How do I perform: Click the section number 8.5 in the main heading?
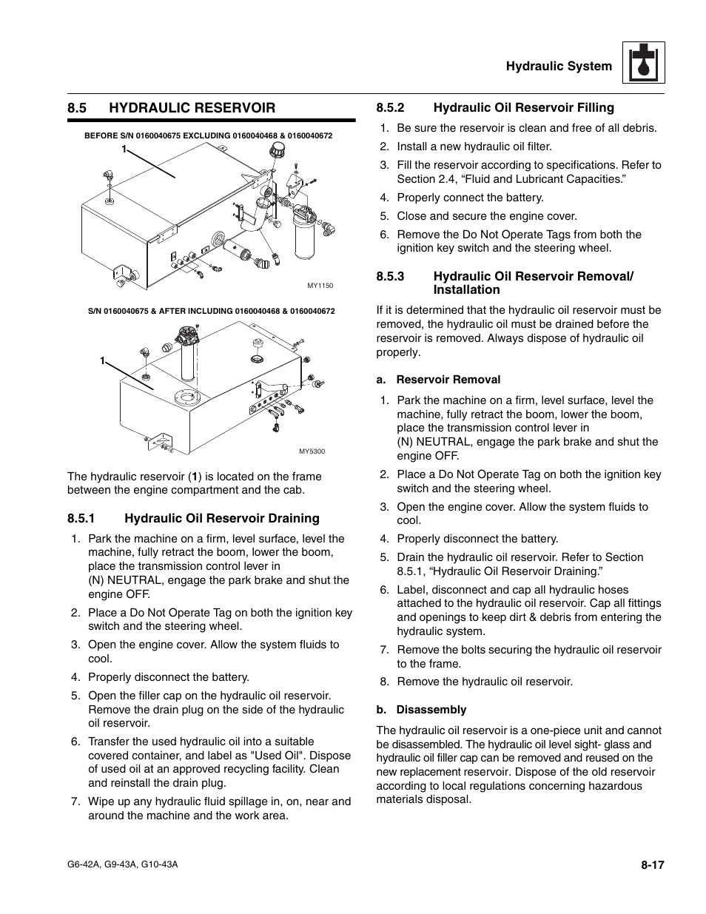click(78, 108)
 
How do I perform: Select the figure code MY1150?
click(320, 286)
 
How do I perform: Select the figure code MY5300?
click(312, 451)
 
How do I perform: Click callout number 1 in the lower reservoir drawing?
click(103, 360)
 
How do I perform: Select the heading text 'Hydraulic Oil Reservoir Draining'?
click(222, 519)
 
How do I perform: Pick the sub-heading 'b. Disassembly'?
click(421, 710)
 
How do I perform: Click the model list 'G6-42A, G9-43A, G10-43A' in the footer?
click(123, 864)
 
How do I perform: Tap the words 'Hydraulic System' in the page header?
click(559, 66)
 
